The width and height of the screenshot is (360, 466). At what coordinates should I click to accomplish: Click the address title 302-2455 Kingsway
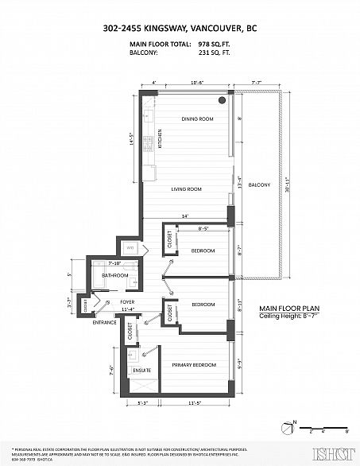[x=180, y=29]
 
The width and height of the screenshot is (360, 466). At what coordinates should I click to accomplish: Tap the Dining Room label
[x=197, y=119]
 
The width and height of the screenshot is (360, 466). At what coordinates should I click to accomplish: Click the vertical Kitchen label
[x=160, y=138]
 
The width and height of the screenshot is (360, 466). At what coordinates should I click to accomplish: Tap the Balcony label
[x=259, y=185]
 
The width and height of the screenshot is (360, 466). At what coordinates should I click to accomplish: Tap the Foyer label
[x=126, y=302]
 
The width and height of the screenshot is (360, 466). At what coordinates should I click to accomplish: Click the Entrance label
[x=104, y=322]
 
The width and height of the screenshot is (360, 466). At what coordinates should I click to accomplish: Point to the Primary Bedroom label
[x=194, y=365]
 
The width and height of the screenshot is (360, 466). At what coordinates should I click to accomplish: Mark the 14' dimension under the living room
[x=184, y=216]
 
